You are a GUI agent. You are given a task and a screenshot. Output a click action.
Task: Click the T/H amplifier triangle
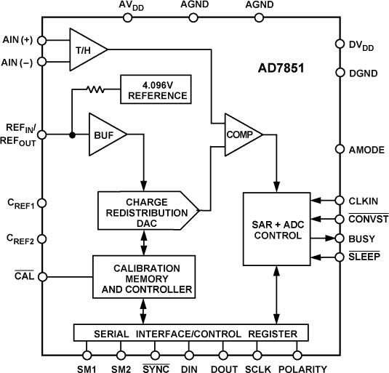click(86, 49)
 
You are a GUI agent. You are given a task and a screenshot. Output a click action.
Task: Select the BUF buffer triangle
click(104, 134)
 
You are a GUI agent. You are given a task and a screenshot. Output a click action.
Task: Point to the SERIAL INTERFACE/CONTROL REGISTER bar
click(191, 334)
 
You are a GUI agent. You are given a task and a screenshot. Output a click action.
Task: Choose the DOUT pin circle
click(223, 355)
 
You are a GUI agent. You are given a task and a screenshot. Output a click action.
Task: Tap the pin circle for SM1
click(87, 355)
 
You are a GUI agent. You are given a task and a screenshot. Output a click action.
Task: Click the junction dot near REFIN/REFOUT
click(71, 135)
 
